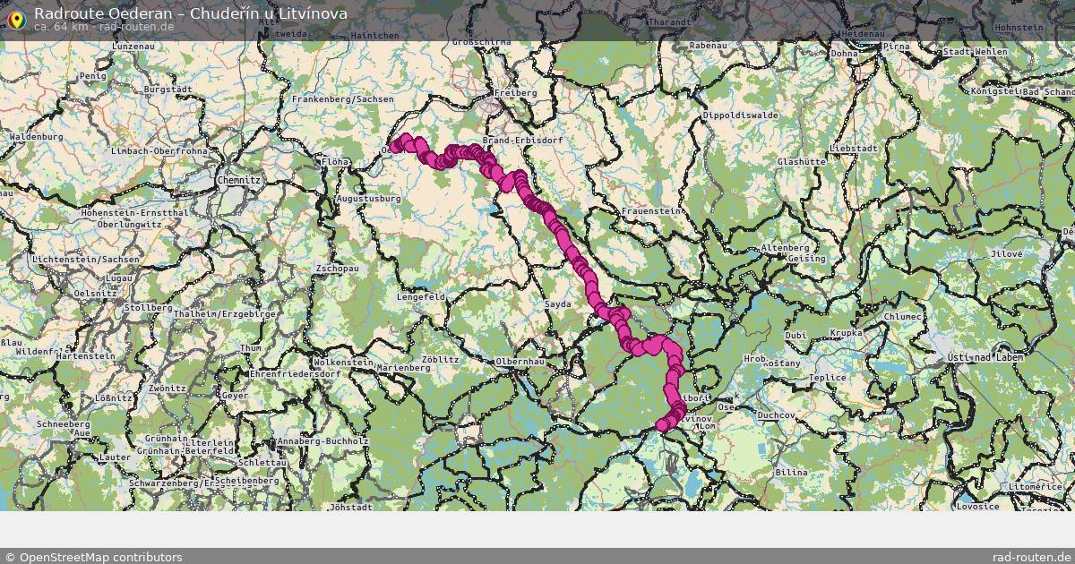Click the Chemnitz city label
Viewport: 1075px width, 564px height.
point(238,180)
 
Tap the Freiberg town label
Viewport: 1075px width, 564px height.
point(515,93)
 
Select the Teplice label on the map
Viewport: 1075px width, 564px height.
point(827,378)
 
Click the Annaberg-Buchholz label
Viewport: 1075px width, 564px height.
point(323,441)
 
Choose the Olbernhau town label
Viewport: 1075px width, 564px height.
point(520,362)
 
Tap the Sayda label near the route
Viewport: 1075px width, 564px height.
point(557,305)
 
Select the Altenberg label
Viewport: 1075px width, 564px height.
point(785,248)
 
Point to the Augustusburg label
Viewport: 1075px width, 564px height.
point(368,199)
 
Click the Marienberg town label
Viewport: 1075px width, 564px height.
point(403,368)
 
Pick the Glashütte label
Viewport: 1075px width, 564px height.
point(801,162)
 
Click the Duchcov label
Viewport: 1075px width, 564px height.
point(777,416)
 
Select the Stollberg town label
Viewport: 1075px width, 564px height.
point(149,308)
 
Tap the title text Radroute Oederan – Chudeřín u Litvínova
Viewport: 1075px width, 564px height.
point(190,13)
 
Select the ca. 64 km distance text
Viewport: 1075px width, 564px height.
point(60,27)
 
